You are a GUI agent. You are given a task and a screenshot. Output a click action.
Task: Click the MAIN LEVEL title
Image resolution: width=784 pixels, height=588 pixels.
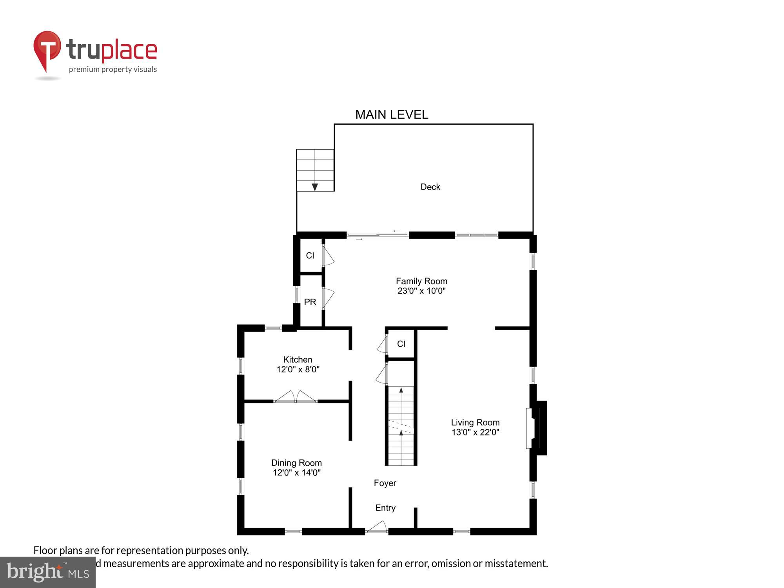tap(391, 114)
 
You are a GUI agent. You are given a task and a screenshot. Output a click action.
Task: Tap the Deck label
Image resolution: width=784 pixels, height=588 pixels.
tap(430, 187)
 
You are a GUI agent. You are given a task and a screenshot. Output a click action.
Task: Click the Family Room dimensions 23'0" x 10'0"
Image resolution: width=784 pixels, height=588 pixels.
tap(421, 291)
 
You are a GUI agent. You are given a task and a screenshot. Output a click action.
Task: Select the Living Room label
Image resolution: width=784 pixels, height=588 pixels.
tap(475, 423)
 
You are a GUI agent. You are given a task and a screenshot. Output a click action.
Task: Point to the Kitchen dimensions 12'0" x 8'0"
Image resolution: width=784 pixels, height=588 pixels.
tap(298, 369)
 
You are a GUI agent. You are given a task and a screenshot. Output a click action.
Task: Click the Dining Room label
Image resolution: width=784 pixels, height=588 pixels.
tap(296, 463)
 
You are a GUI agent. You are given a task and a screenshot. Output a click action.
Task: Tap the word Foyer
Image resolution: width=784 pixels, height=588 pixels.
tap(385, 483)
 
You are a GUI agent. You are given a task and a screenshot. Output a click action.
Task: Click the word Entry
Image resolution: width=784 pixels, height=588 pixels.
tap(385, 508)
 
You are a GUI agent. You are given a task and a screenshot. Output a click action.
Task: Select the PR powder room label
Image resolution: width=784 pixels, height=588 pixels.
tap(310, 302)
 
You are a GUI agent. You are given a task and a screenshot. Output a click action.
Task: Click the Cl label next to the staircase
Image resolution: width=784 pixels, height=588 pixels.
tap(401, 344)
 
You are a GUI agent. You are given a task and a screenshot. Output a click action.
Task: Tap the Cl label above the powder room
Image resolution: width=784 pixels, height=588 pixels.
tap(310, 256)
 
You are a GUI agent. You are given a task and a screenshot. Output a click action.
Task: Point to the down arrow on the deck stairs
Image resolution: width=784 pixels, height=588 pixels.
tap(315, 187)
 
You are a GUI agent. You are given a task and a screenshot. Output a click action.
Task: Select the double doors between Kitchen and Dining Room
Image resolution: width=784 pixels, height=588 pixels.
tap(296, 397)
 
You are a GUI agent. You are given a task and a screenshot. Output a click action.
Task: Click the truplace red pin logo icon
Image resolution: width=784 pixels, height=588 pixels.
tap(47, 49)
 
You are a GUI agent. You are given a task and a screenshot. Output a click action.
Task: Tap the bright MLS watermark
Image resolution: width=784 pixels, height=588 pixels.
tap(48, 572)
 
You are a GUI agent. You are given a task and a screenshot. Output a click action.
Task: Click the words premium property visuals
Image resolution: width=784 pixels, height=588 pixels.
tap(113, 70)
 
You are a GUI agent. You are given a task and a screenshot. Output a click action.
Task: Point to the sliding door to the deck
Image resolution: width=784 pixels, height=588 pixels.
tap(377, 235)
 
